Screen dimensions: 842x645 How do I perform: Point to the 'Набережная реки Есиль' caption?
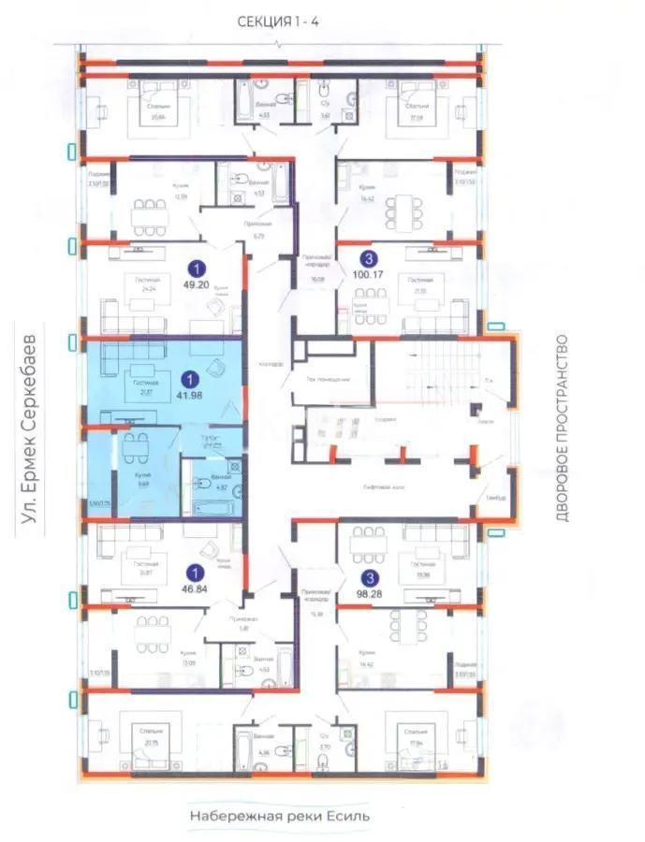280,816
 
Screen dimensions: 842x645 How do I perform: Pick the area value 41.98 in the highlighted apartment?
191,396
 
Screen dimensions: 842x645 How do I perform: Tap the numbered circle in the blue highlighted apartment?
191,379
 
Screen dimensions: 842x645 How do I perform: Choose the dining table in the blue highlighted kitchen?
135,446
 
